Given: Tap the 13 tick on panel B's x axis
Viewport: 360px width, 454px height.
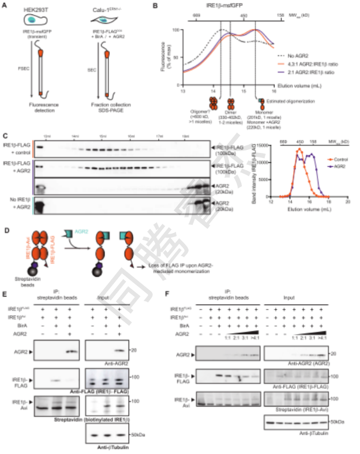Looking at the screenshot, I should (x=182, y=91).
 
